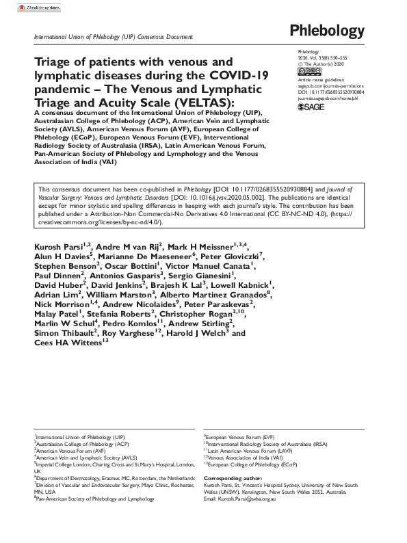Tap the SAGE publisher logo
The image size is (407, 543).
point(311,107)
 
